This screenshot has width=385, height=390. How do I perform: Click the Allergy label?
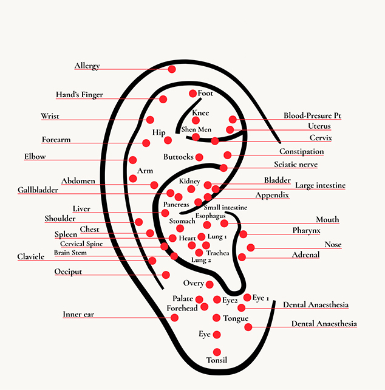[87, 66]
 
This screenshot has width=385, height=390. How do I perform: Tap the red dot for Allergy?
[172, 69]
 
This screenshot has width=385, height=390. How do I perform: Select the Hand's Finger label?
[80, 95]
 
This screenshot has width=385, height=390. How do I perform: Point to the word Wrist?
[50, 116]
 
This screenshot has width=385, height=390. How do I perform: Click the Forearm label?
[56, 140]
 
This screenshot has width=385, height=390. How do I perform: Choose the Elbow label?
[35, 157]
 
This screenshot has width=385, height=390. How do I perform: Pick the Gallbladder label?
[38, 190]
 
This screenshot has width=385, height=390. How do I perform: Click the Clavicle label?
[31, 257]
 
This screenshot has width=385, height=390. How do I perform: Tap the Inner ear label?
[78, 314]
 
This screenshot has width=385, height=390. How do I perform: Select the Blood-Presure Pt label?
[313, 116]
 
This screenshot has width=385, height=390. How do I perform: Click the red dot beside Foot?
[193, 94]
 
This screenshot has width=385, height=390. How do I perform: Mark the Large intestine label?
[320, 185]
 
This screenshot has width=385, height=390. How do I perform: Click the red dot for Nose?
[251, 247]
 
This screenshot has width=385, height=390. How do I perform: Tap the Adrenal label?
[306, 255]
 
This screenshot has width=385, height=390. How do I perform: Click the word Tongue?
[236, 318]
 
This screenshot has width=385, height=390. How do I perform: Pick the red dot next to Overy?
[210, 284]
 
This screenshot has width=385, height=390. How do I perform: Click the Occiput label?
[68, 272]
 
